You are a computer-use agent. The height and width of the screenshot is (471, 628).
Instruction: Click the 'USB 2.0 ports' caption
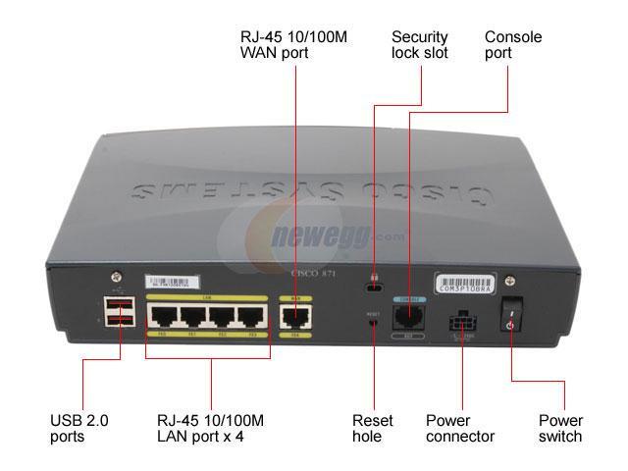(79, 428)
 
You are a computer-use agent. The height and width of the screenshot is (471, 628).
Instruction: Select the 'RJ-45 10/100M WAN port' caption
(293, 44)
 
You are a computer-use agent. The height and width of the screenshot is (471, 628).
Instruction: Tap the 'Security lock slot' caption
(419, 44)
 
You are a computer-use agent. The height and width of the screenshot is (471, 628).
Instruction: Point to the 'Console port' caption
(511, 44)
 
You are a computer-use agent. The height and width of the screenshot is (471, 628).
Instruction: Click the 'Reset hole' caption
(373, 428)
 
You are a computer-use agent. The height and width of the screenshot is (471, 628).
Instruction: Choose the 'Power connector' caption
(460, 428)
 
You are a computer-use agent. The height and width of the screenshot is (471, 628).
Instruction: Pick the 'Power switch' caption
(560, 428)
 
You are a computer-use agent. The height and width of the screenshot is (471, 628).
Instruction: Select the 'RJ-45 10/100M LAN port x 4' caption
(210, 428)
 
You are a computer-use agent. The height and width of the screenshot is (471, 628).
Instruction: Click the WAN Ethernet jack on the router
(295, 317)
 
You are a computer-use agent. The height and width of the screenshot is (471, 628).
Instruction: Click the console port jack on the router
(406, 316)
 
